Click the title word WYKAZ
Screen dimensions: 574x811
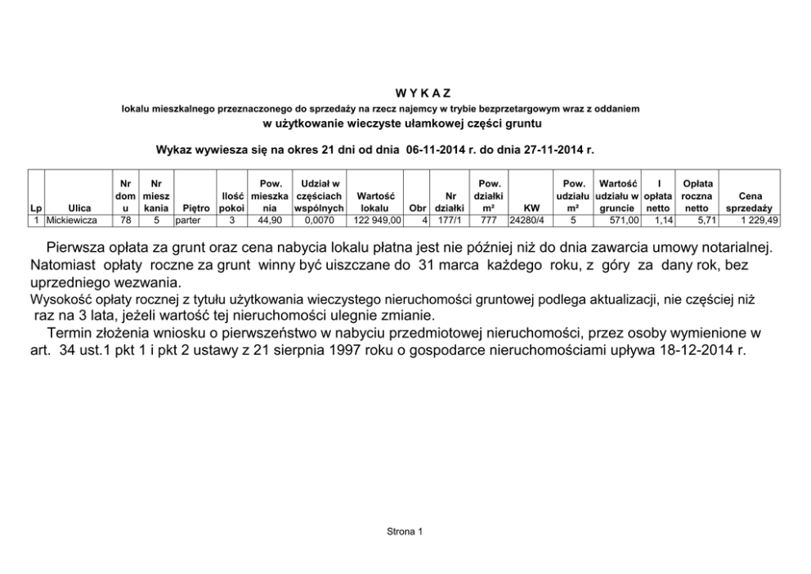[x=405, y=92]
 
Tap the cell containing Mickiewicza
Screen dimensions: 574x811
[x=72, y=221]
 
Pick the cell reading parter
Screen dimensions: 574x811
[x=188, y=221]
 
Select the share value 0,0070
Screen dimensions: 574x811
[x=315, y=221]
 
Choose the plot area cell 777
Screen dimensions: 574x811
[x=489, y=221]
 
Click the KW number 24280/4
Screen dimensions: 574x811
[x=526, y=221]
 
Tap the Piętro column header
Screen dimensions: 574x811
[x=195, y=209]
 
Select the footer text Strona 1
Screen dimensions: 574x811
[x=405, y=532]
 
